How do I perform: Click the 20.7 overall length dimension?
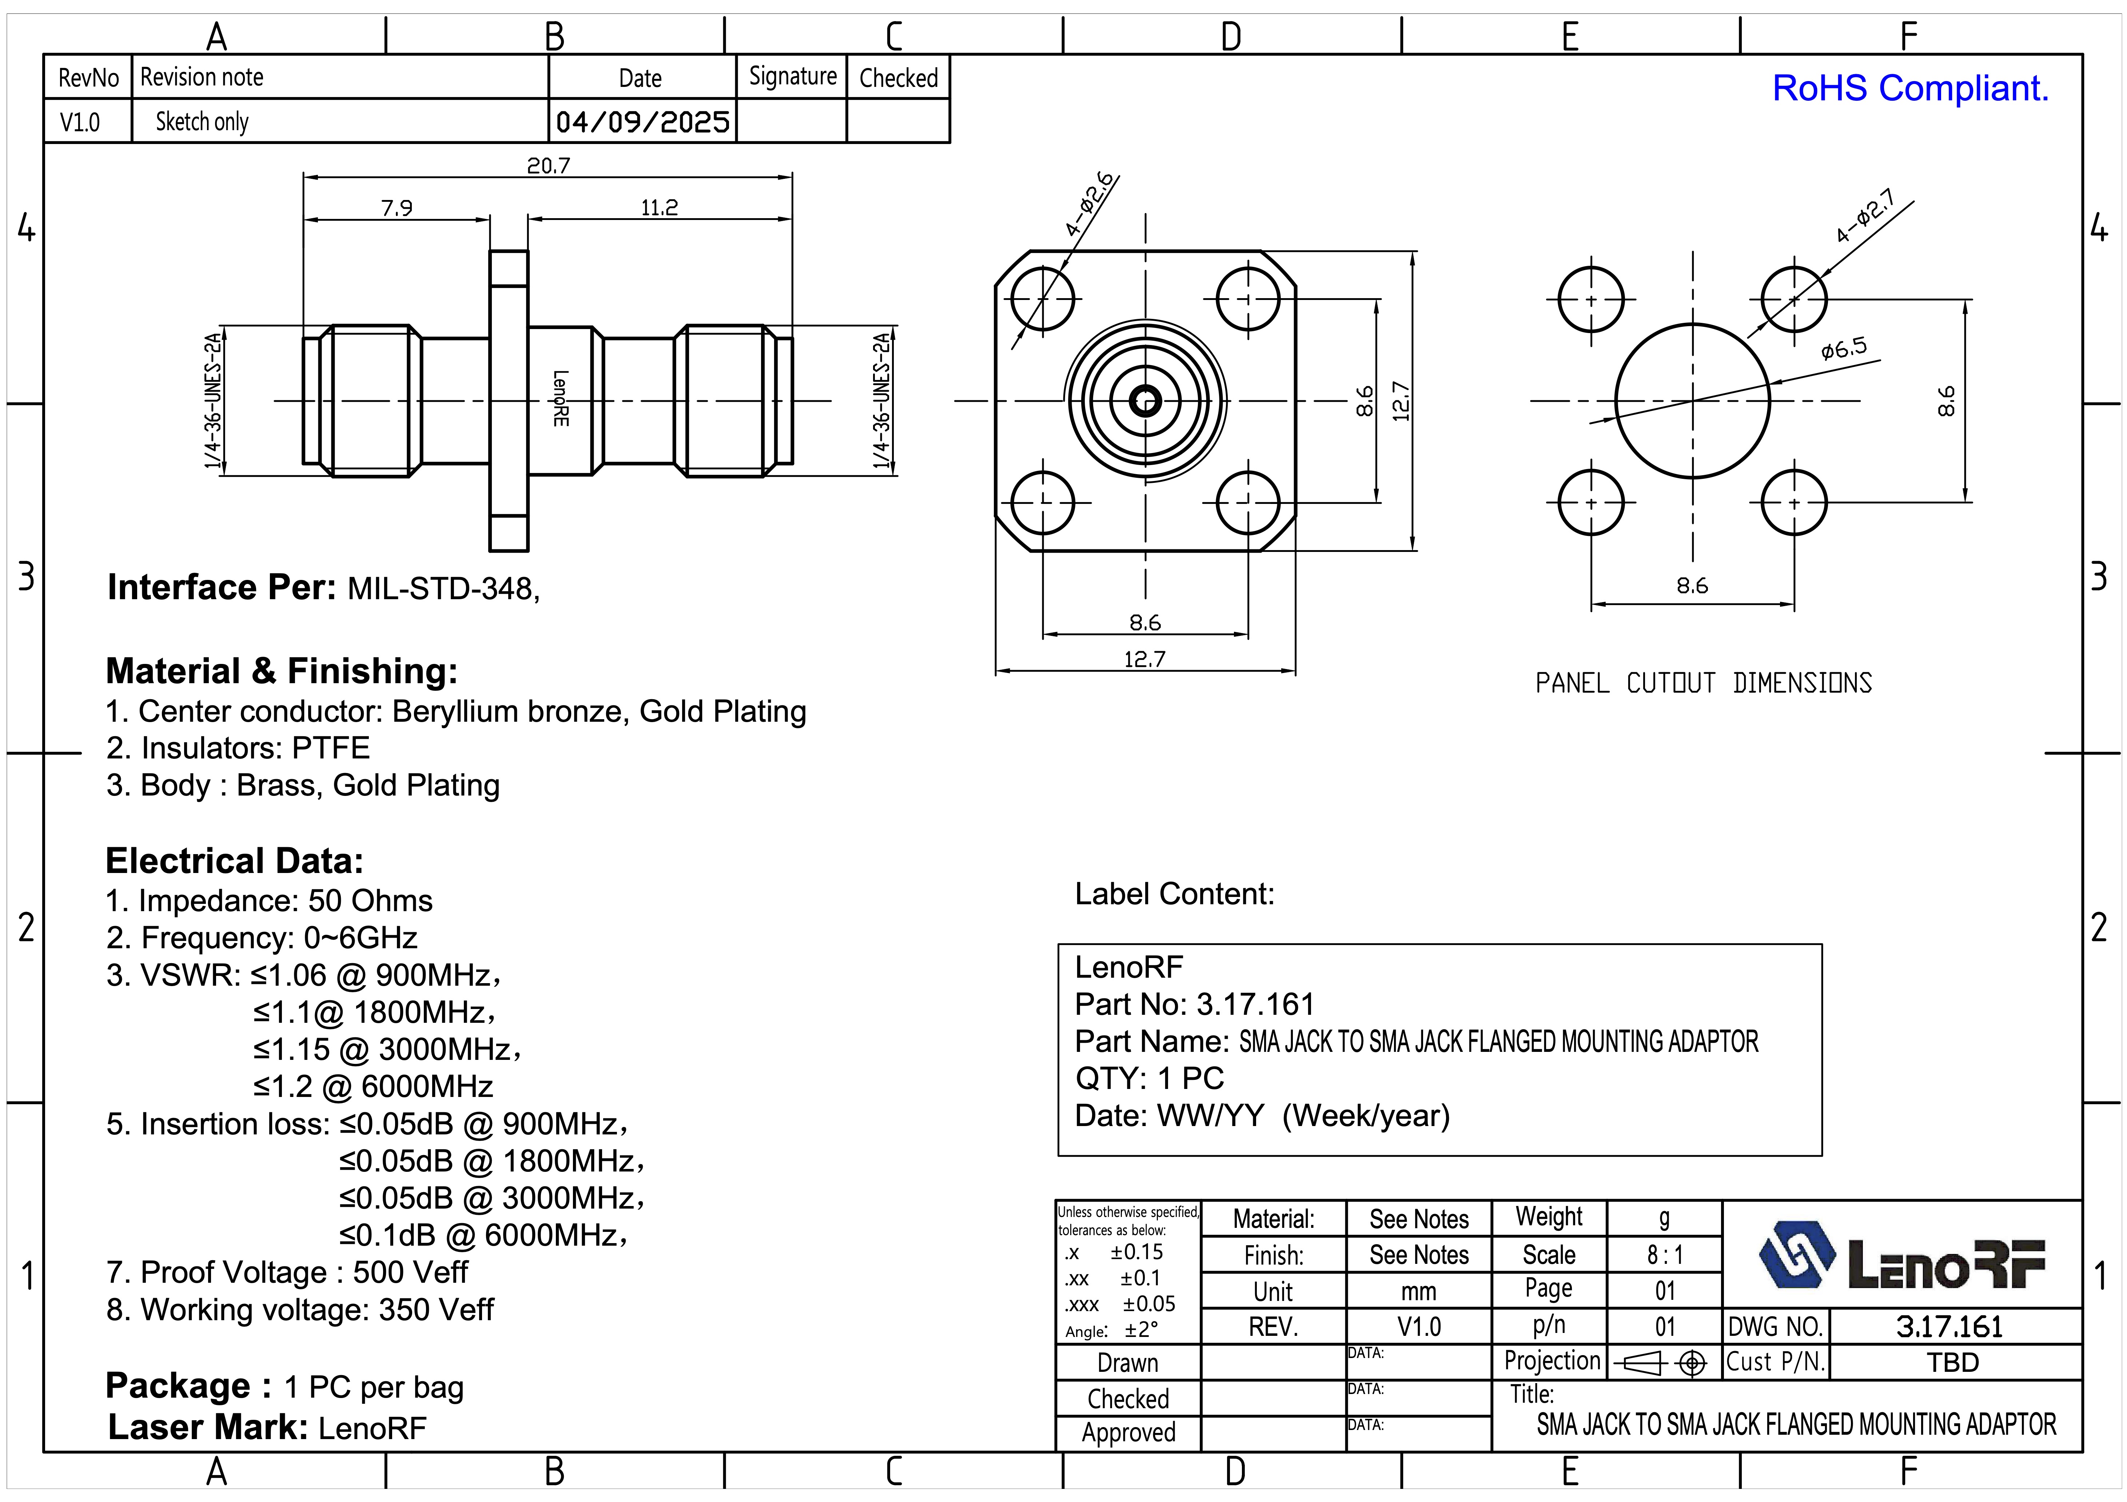click(549, 166)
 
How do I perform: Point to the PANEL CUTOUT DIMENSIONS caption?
click(1703, 684)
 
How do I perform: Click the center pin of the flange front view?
click(1146, 401)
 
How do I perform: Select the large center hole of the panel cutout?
click(1693, 401)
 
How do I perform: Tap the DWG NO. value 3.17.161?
click(1949, 1327)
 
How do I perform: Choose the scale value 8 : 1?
click(1665, 1255)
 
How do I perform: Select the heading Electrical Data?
click(234, 861)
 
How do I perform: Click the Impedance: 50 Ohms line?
click(269, 901)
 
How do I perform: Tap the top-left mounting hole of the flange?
click(1043, 299)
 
